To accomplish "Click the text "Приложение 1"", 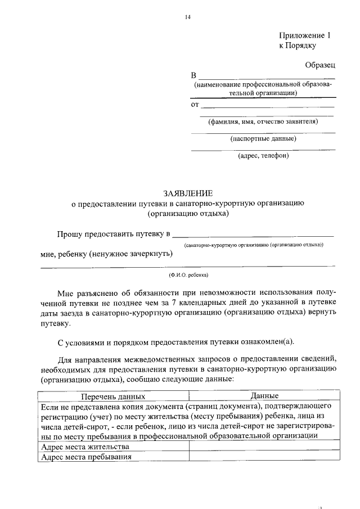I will (305, 35).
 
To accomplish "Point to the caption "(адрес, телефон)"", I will (263, 156).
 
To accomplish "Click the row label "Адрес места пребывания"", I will (86, 457).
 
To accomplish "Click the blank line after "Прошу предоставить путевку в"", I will (253, 234).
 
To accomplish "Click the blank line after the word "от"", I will (268, 106).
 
